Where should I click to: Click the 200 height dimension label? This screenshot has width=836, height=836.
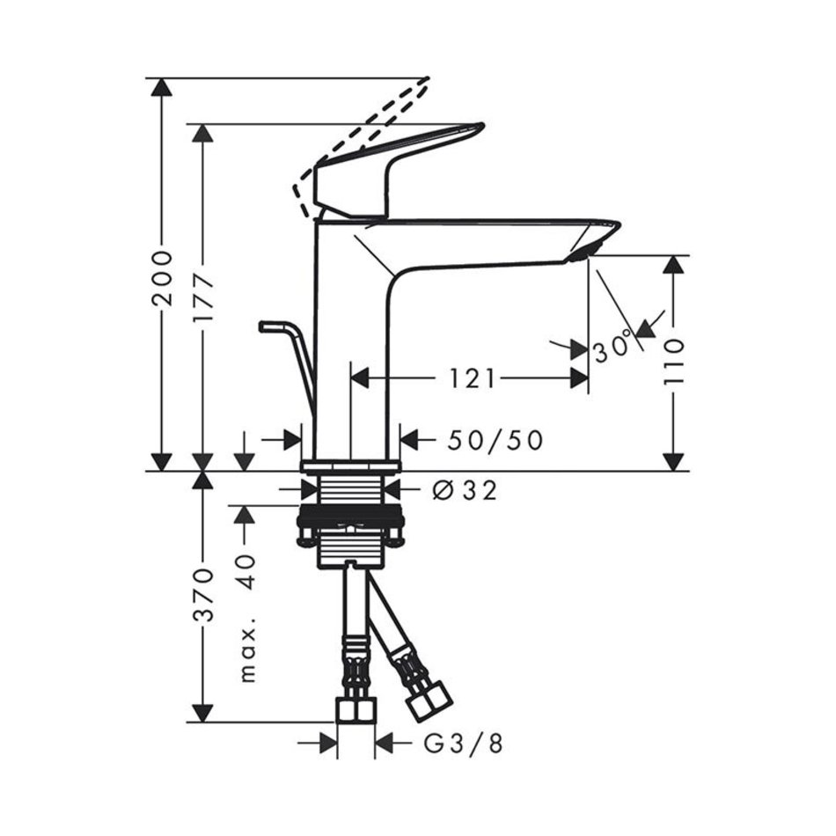pyautogui.click(x=162, y=278)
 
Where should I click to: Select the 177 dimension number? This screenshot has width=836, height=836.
pyautogui.click(x=203, y=297)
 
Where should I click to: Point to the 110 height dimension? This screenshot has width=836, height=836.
pyautogui.click(x=673, y=362)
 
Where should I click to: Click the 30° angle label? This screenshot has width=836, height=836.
pyautogui.click(x=613, y=347)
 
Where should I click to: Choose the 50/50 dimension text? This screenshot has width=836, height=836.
pyautogui.click(x=495, y=440)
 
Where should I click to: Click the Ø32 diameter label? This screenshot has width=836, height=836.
pyautogui.click(x=464, y=490)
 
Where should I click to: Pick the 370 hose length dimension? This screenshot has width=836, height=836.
pyautogui.click(x=203, y=595)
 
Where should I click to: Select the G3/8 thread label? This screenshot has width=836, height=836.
pyautogui.click(x=463, y=744)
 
